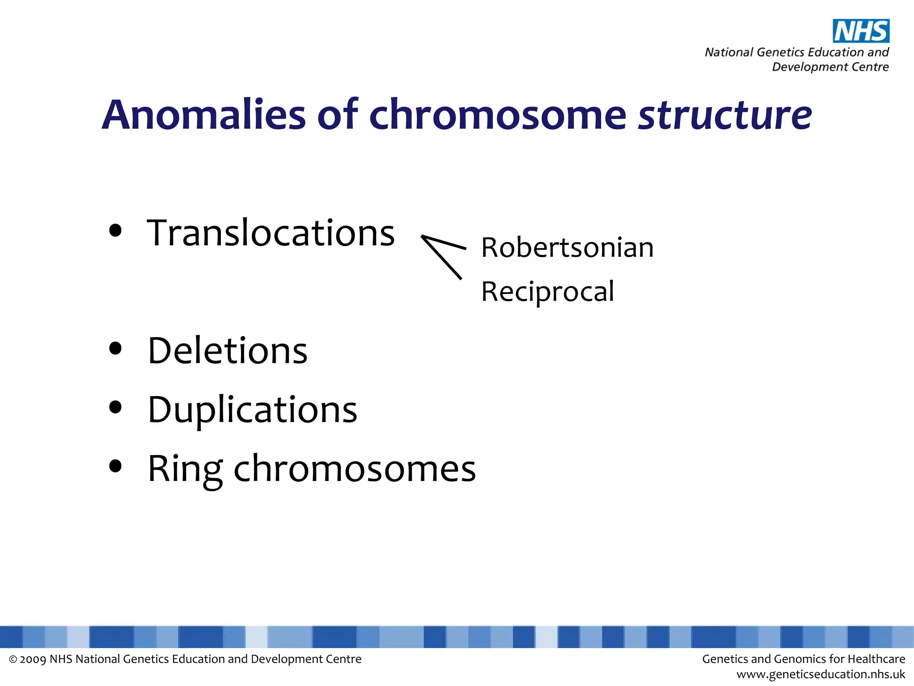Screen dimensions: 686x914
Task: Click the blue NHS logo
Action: [x=861, y=31]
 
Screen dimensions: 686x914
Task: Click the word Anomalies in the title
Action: [x=204, y=115]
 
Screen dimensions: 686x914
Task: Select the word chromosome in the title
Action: [x=498, y=115]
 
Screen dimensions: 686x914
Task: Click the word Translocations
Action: [x=271, y=233]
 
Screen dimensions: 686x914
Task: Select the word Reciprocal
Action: [x=548, y=292]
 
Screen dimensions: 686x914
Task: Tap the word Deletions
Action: [x=228, y=351]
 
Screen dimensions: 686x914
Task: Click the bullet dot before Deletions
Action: [x=115, y=348]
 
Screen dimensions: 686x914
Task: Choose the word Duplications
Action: [x=253, y=410]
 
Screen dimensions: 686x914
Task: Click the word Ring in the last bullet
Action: [x=185, y=469]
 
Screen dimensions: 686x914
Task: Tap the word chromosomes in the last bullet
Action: [x=355, y=469]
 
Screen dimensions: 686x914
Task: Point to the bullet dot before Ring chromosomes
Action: [x=115, y=466]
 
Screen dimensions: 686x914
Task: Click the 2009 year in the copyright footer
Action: [x=33, y=659]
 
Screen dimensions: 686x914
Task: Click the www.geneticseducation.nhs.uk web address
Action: [x=821, y=674]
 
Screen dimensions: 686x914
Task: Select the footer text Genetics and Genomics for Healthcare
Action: [x=803, y=659]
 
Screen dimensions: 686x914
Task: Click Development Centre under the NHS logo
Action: [x=830, y=67]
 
